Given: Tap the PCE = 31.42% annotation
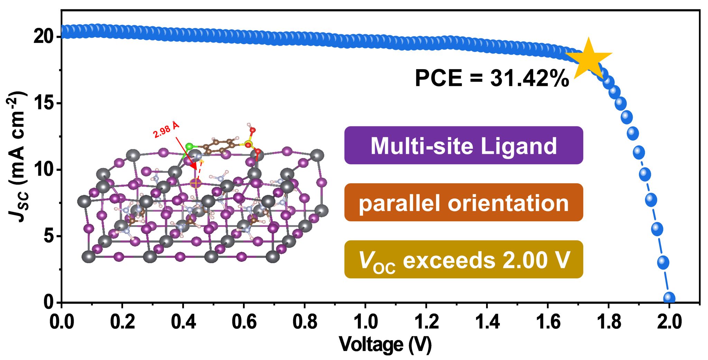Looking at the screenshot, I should (492, 78).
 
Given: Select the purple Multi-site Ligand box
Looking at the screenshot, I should (464, 145).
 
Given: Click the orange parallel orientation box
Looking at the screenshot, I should (464, 203).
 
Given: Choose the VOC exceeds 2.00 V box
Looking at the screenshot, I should (464, 260).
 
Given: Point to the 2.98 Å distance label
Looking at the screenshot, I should (166, 130).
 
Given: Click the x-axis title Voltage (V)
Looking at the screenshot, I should (385, 344).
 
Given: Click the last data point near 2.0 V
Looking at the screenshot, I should (669, 298).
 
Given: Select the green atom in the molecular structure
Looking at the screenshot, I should (189, 146).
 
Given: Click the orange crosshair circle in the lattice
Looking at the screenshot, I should (196, 183).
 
